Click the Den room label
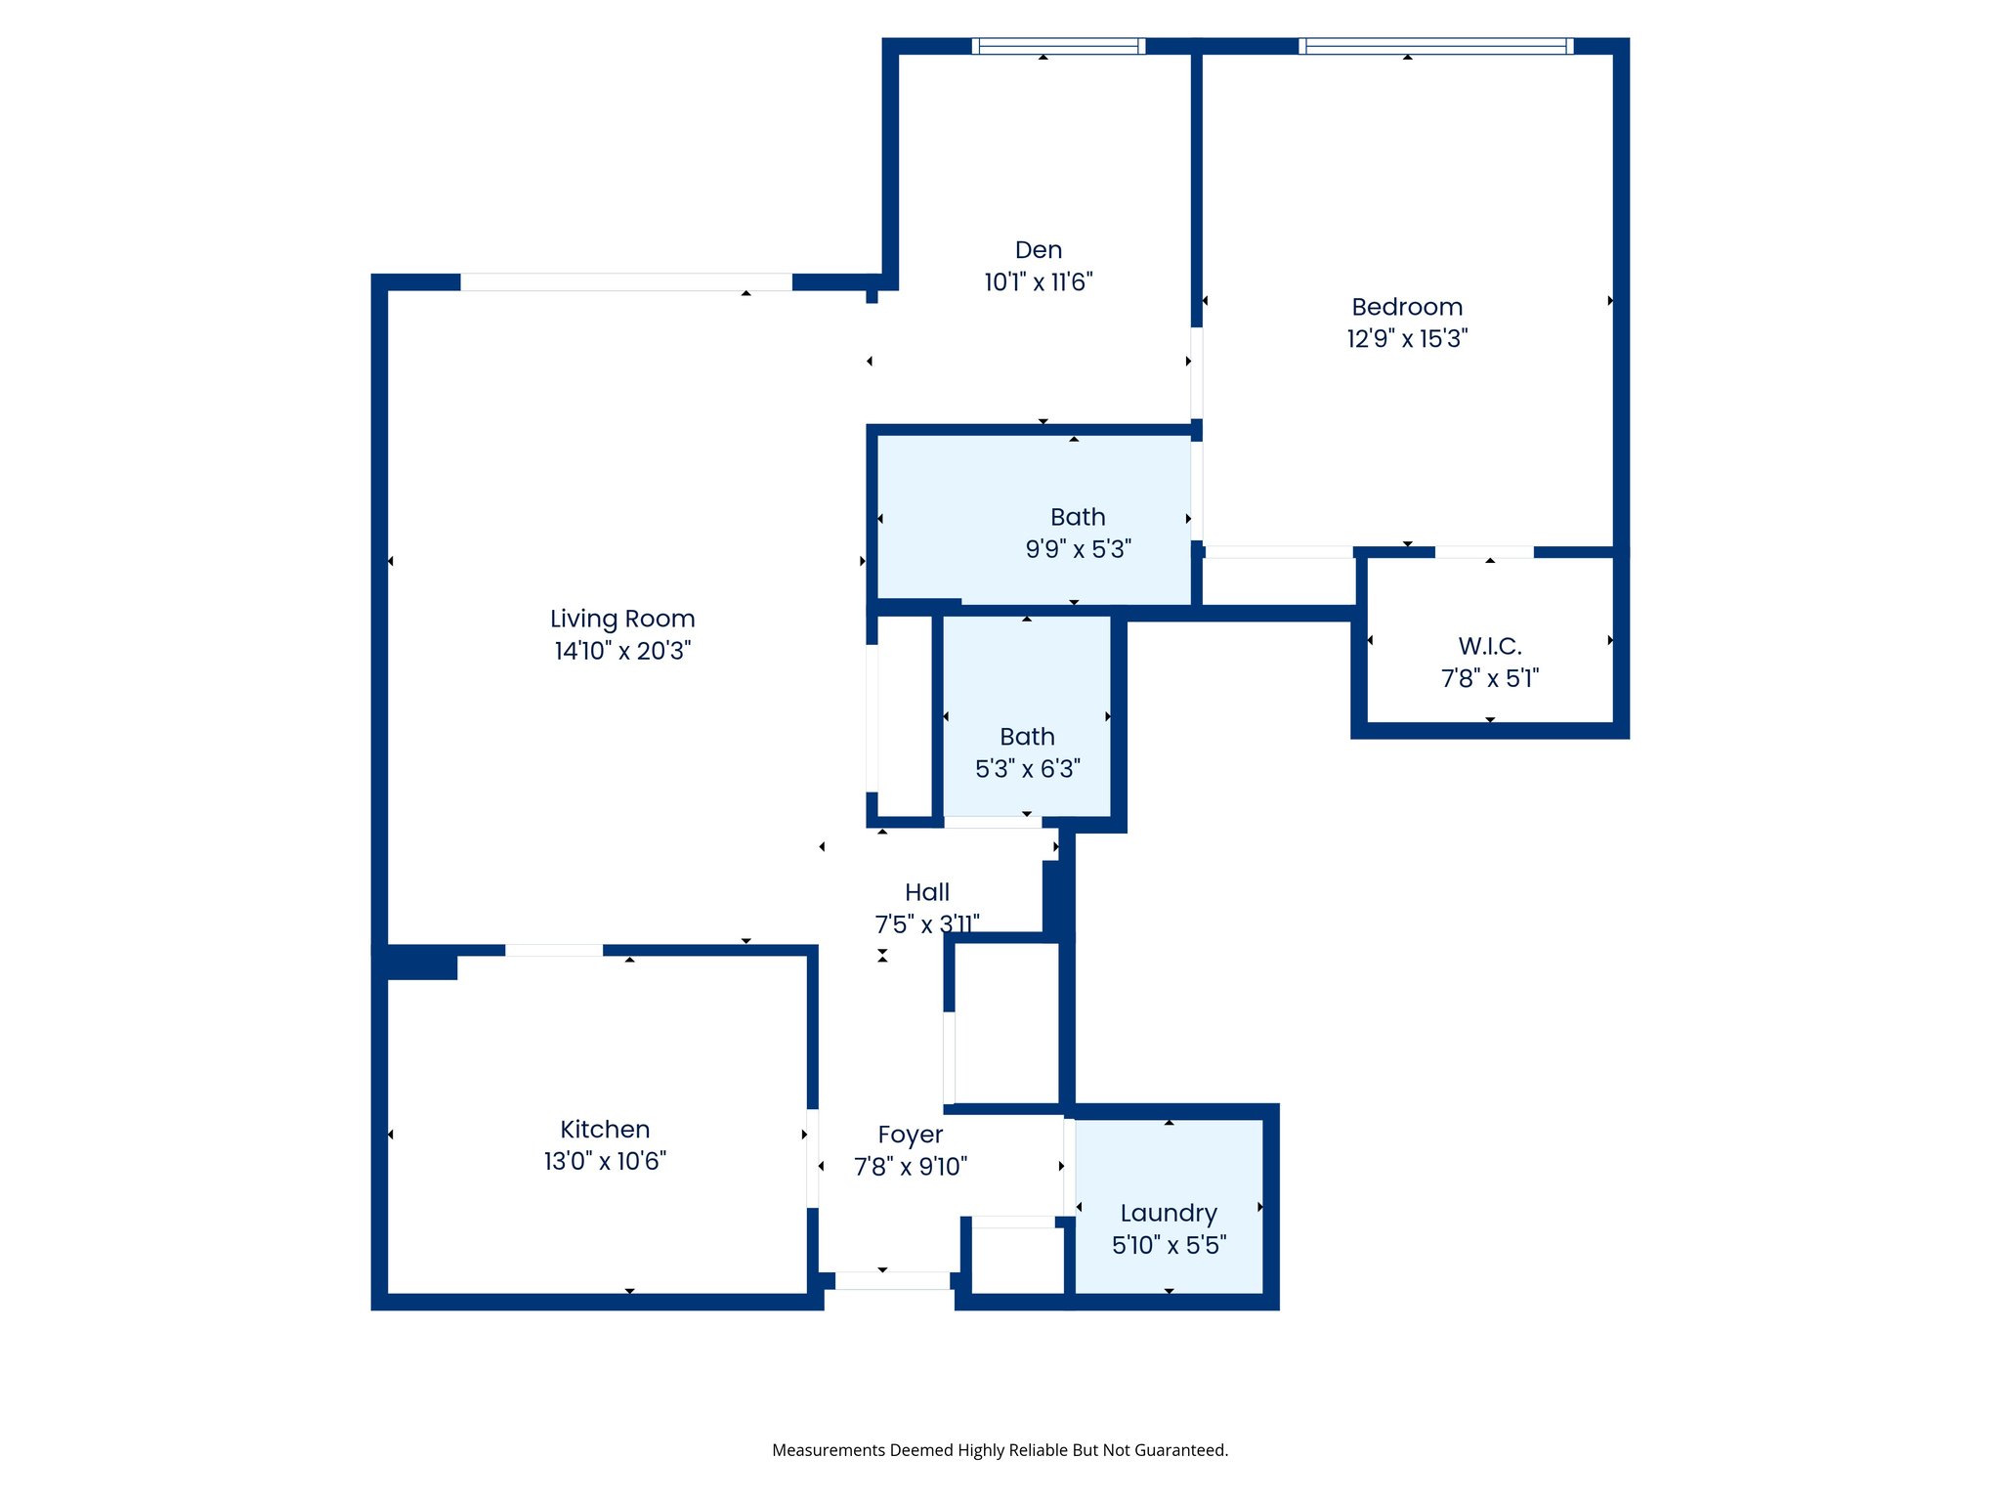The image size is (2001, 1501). pos(1038,250)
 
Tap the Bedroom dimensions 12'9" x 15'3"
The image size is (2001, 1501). pos(1407,339)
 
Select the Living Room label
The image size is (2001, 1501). pos(622,619)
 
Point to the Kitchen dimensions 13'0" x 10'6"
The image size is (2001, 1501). pos(605,1161)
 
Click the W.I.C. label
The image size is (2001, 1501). pos(1490,646)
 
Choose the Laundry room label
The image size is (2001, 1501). pos(1169,1213)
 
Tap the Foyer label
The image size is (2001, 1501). pos(910,1135)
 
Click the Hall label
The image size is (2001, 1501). pos(926,892)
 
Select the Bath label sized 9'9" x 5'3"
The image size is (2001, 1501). pos(1078,517)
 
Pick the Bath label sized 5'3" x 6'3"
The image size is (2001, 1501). pos(1027,737)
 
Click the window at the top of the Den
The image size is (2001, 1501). pos(1058,46)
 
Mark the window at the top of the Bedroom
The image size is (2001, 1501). pos(1435,46)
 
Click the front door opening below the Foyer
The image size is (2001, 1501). pos(892,1280)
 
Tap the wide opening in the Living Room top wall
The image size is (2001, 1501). pos(626,282)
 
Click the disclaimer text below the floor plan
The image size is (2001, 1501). pos(1000,1450)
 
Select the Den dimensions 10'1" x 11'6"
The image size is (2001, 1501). pos(1038,282)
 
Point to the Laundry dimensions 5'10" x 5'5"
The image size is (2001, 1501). pos(1169,1245)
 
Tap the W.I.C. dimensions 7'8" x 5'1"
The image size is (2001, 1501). pos(1490,678)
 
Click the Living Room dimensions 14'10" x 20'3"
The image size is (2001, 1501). pos(622,651)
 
